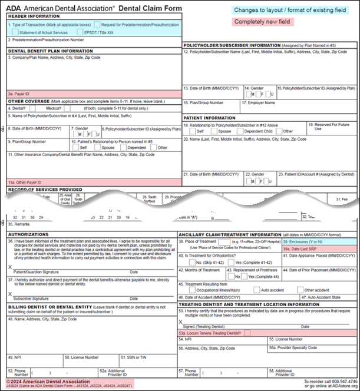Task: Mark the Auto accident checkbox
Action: pos(257,290)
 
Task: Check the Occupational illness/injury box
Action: pos(192,290)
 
